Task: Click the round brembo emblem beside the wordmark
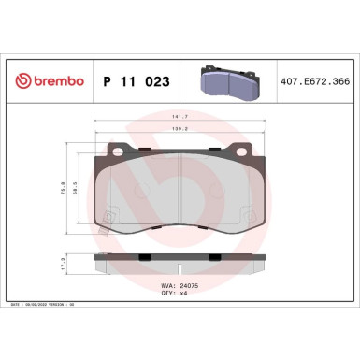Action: coord(18,82)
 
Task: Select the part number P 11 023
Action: coord(137,82)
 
